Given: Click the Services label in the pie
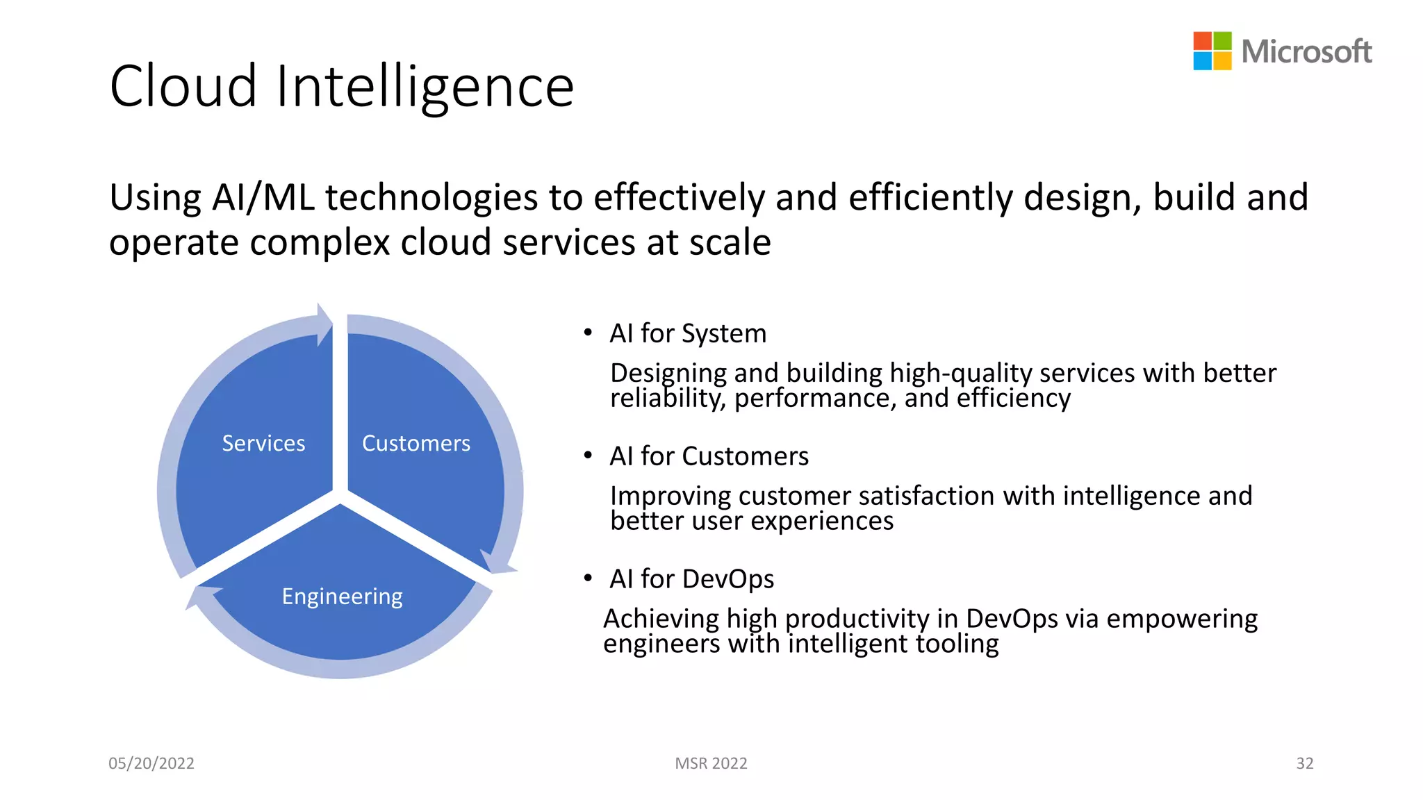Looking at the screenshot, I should pos(263,443).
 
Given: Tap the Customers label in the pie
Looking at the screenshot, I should pos(416,443).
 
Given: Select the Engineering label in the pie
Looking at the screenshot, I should pos(342,597).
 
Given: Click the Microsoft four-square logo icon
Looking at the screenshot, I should pos(1212,51).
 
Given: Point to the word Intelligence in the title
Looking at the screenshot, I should pos(425,87).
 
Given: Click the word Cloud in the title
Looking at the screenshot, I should pos(183,87).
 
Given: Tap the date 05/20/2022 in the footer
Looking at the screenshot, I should pos(151,763).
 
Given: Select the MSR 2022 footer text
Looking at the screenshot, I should pos(711,763).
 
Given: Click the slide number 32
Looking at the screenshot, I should pos(1304,763).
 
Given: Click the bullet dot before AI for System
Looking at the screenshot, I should pos(588,333).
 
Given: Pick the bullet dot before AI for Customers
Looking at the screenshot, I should pos(588,456).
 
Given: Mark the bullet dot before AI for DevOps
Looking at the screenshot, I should pos(588,578).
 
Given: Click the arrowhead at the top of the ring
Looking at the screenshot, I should pos(324,324).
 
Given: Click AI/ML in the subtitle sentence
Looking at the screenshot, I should pos(263,198).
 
